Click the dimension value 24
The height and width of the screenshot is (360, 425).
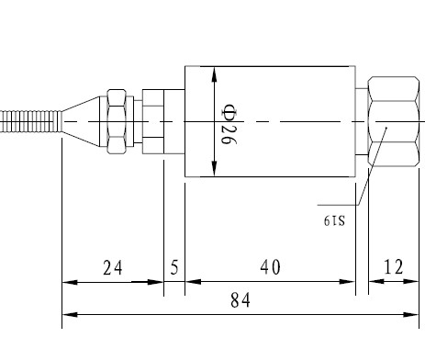click(x=113, y=267)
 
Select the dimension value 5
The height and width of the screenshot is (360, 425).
click(x=174, y=267)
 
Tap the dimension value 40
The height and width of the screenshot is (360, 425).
click(x=270, y=267)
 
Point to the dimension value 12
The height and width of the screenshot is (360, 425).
click(x=394, y=266)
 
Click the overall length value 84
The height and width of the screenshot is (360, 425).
click(x=240, y=300)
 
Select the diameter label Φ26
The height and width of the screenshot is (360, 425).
click(x=229, y=124)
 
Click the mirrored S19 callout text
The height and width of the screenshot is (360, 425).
click(x=334, y=220)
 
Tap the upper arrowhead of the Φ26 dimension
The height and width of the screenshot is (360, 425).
click(x=214, y=74)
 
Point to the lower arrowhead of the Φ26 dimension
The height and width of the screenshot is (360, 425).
click(x=214, y=169)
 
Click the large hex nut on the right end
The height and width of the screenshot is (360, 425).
click(x=394, y=121)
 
